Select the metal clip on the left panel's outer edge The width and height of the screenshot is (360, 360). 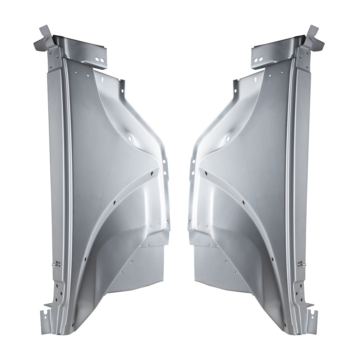pyautogui.click(x=56, y=264)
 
